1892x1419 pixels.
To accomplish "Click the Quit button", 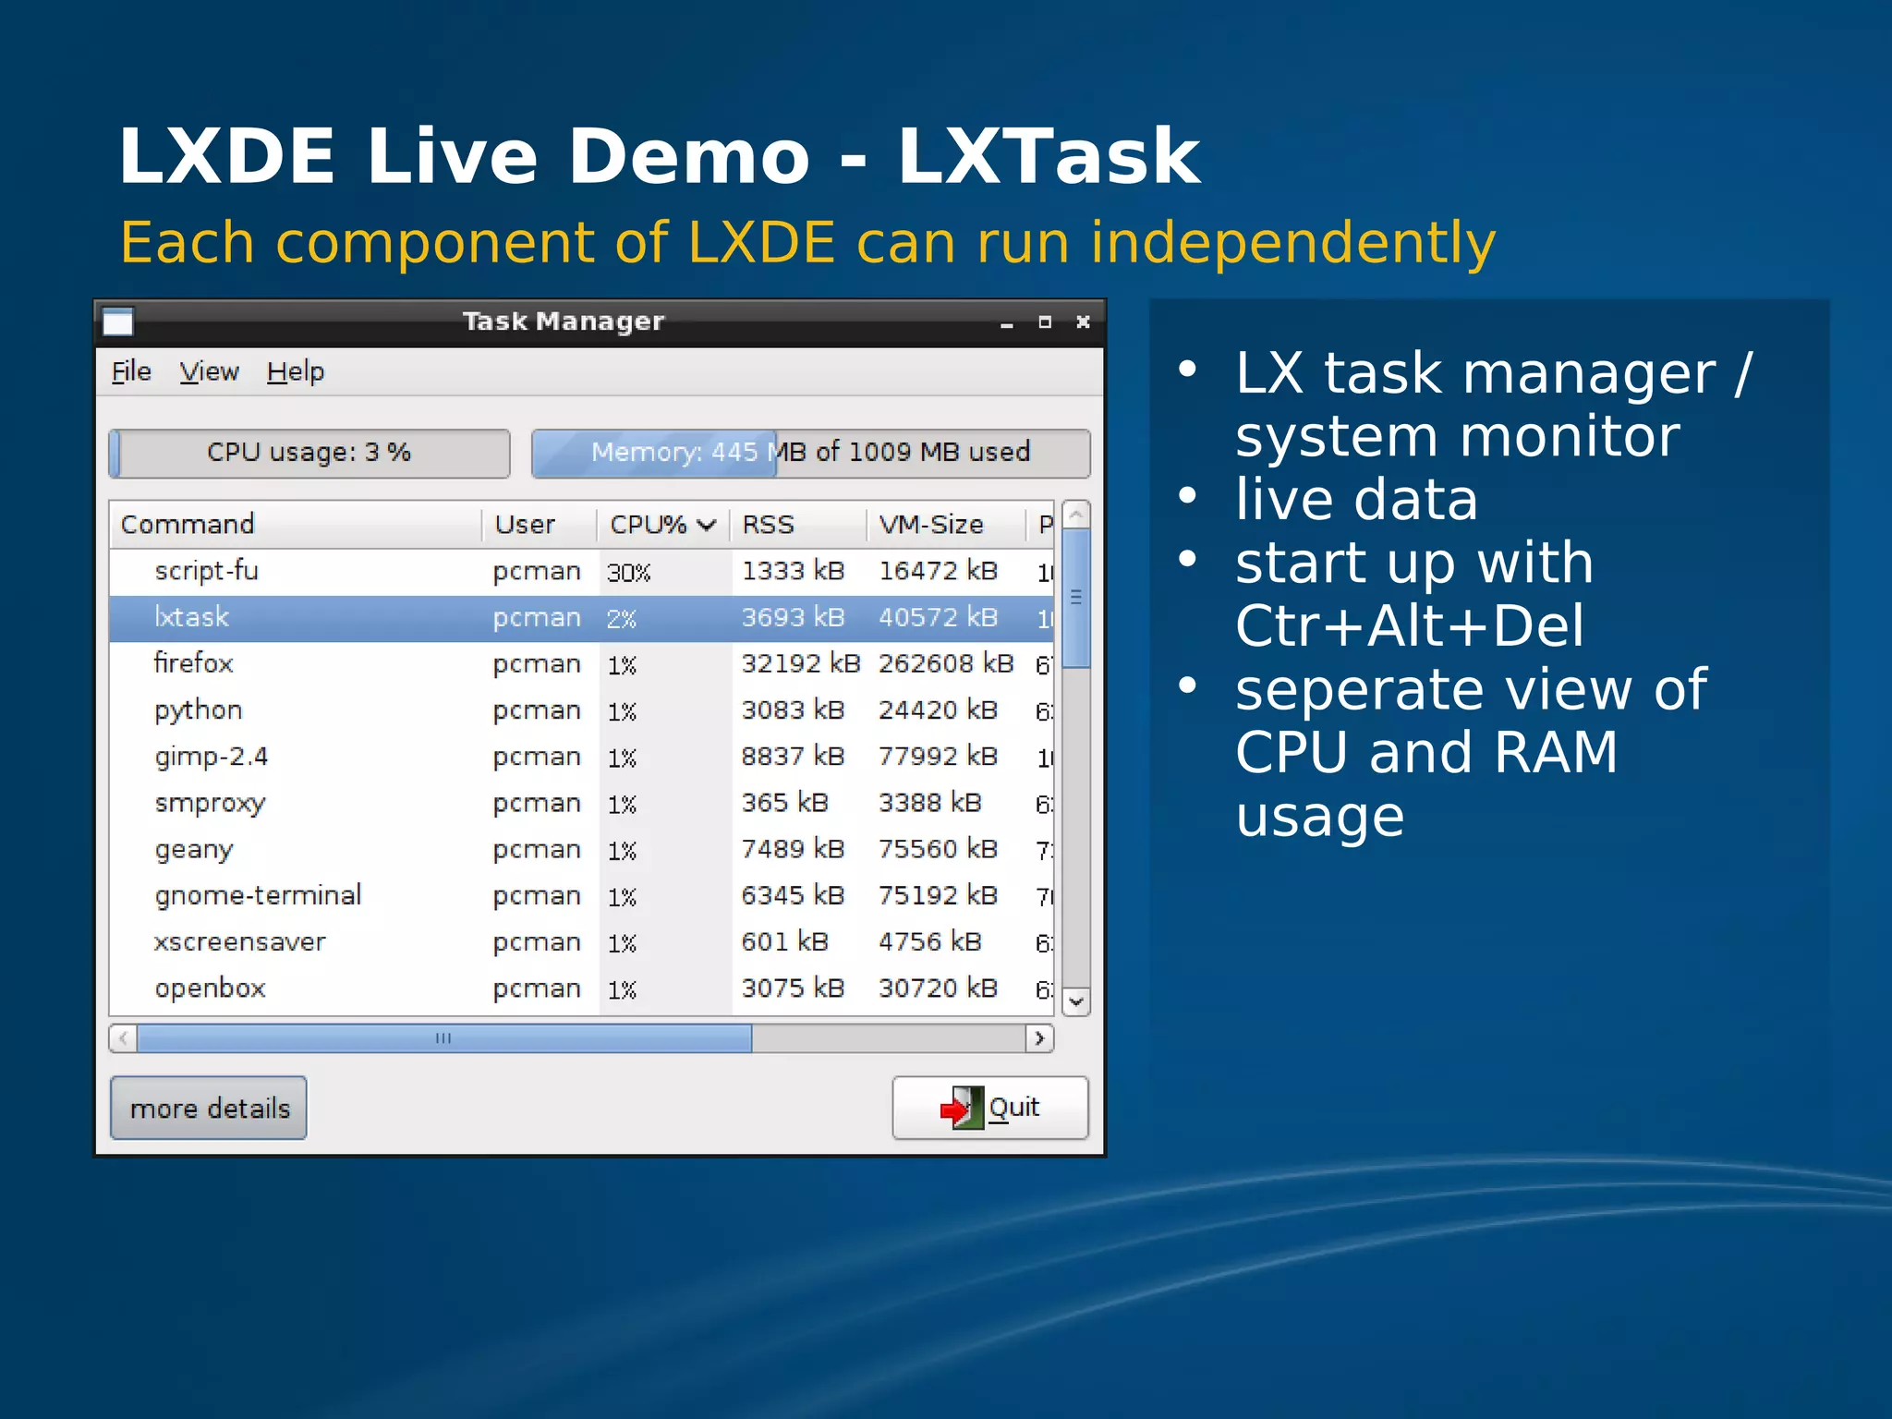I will tap(990, 1107).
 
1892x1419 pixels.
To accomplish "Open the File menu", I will tap(131, 371).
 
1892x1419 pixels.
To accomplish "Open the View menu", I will tap(209, 371).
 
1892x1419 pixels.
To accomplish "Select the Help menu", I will tap(296, 371).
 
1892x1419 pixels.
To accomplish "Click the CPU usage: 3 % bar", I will tap(309, 453).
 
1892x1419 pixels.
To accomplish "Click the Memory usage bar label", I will tap(810, 453).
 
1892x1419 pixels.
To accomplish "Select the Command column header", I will tap(188, 525).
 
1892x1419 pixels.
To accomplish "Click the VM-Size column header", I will tap(931, 525).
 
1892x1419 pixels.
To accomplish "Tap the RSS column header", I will tap(769, 525).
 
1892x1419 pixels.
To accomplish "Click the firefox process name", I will tap(194, 663).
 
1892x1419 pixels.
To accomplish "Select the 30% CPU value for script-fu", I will tap(628, 573).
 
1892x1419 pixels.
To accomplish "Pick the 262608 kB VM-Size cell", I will tap(945, 663).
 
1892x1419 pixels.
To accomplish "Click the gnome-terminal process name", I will tap(258, 895).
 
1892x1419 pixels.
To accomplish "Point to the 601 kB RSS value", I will tap(784, 941).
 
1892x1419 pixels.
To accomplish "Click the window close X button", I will tap(1083, 322).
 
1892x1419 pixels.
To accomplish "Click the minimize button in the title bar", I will tap(1007, 323).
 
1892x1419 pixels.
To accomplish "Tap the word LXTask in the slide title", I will tap(1048, 157).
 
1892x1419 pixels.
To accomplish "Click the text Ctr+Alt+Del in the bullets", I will tap(1410, 626).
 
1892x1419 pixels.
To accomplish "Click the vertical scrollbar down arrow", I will tap(1076, 1001).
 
